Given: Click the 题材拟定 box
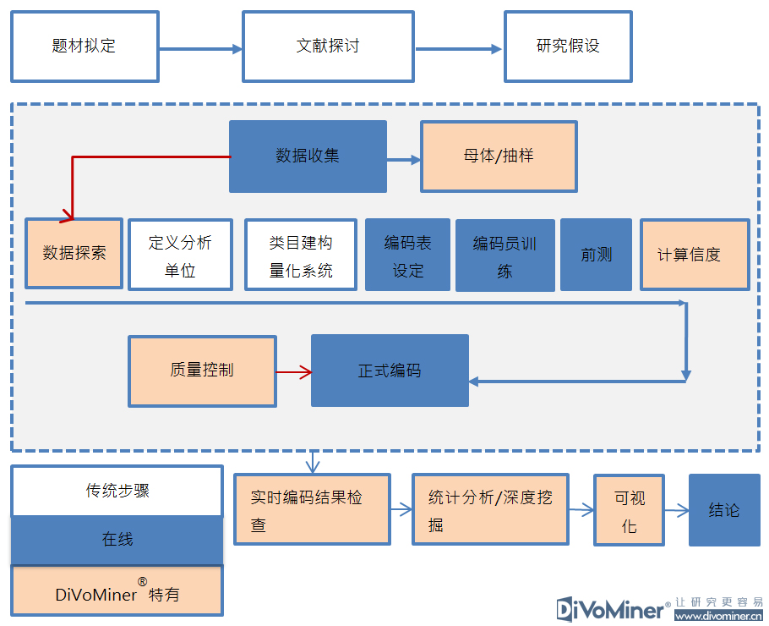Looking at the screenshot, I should pyautogui.click(x=85, y=47).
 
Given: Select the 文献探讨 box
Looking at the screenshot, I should pyautogui.click(x=328, y=47).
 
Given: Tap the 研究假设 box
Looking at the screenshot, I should pyautogui.click(x=568, y=47).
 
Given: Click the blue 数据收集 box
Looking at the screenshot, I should pyautogui.click(x=308, y=156).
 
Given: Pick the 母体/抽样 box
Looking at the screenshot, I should pyautogui.click(x=499, y=156).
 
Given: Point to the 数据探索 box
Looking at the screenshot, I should pyautogui.click(x=74, y=254).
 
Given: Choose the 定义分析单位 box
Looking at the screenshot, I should pyautogui.click(x=180, y=255).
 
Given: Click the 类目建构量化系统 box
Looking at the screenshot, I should pyautogui.click(x=301, y=255).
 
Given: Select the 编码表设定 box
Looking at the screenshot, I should pyautogui.click(x=408, y=255).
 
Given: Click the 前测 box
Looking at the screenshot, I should pyautogui.click(x=596, y=255).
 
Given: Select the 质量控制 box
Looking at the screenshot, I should pyautogui.click(x=202, y=371).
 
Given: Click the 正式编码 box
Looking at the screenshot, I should pyautogui.click(x=390, y=371).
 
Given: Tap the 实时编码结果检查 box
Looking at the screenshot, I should pyautogui.click(x=312, y=509).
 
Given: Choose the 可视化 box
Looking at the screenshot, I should pyautogui.click(x=629, y=510).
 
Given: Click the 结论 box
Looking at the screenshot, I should pyautogui.click(x=724, y=510).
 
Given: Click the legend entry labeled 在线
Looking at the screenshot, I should pyautogui.click(x=117, y=540).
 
